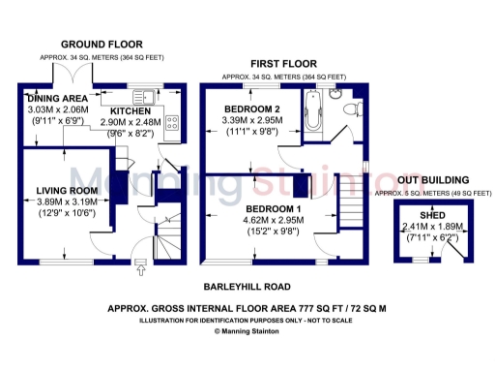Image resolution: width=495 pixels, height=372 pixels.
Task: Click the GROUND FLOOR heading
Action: tap(102, 45)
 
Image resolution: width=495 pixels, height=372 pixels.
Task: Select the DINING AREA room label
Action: tap(58, 99)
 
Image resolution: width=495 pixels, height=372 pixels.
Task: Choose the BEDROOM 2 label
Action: tap(251, 108)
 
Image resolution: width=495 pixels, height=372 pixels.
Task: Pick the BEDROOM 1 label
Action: tap(274, 208)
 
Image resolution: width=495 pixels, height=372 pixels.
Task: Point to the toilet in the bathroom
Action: tap(335, 94)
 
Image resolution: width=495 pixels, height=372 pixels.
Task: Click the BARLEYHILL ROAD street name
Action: tap(248, 288)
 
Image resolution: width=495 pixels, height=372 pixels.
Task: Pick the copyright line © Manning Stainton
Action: tap(248, 331)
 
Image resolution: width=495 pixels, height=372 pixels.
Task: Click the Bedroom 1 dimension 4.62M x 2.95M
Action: tap(274, 220)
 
